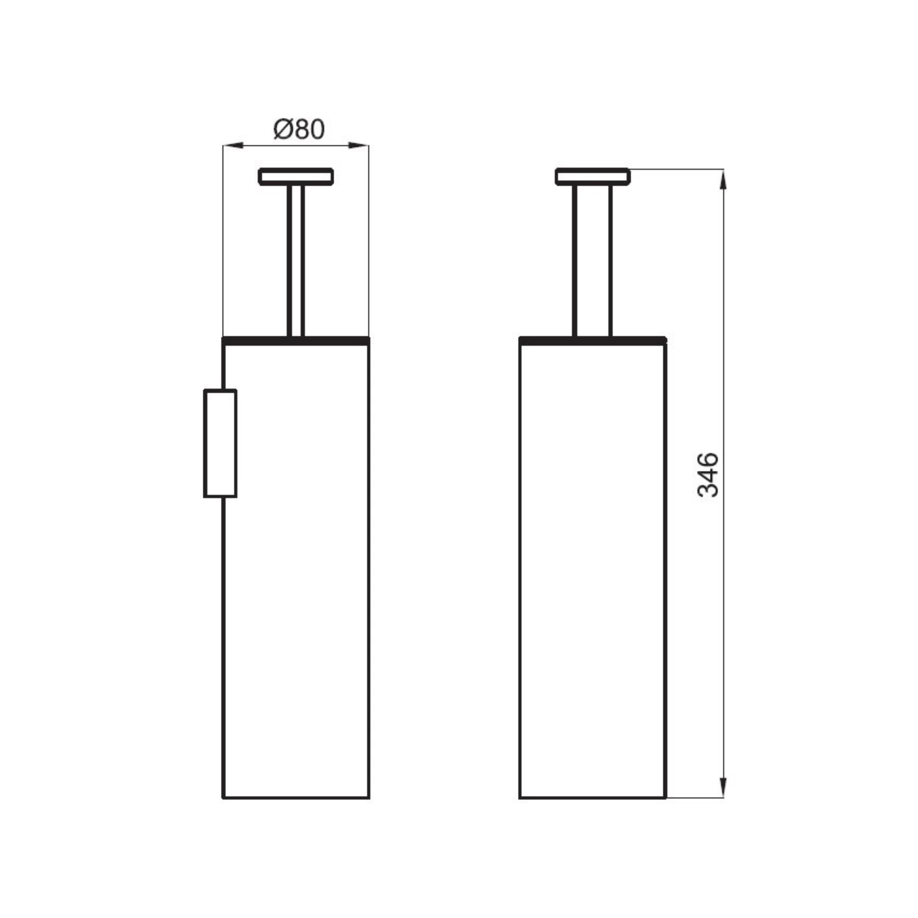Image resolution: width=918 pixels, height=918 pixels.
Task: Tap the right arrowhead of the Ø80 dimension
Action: pyautogui.click(x=359, y=145)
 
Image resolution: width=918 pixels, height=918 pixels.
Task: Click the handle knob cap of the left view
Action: pyautogui.click(x=296, y=176)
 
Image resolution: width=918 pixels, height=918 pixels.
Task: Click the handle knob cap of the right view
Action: pyautogui.click(x=592, y=176)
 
